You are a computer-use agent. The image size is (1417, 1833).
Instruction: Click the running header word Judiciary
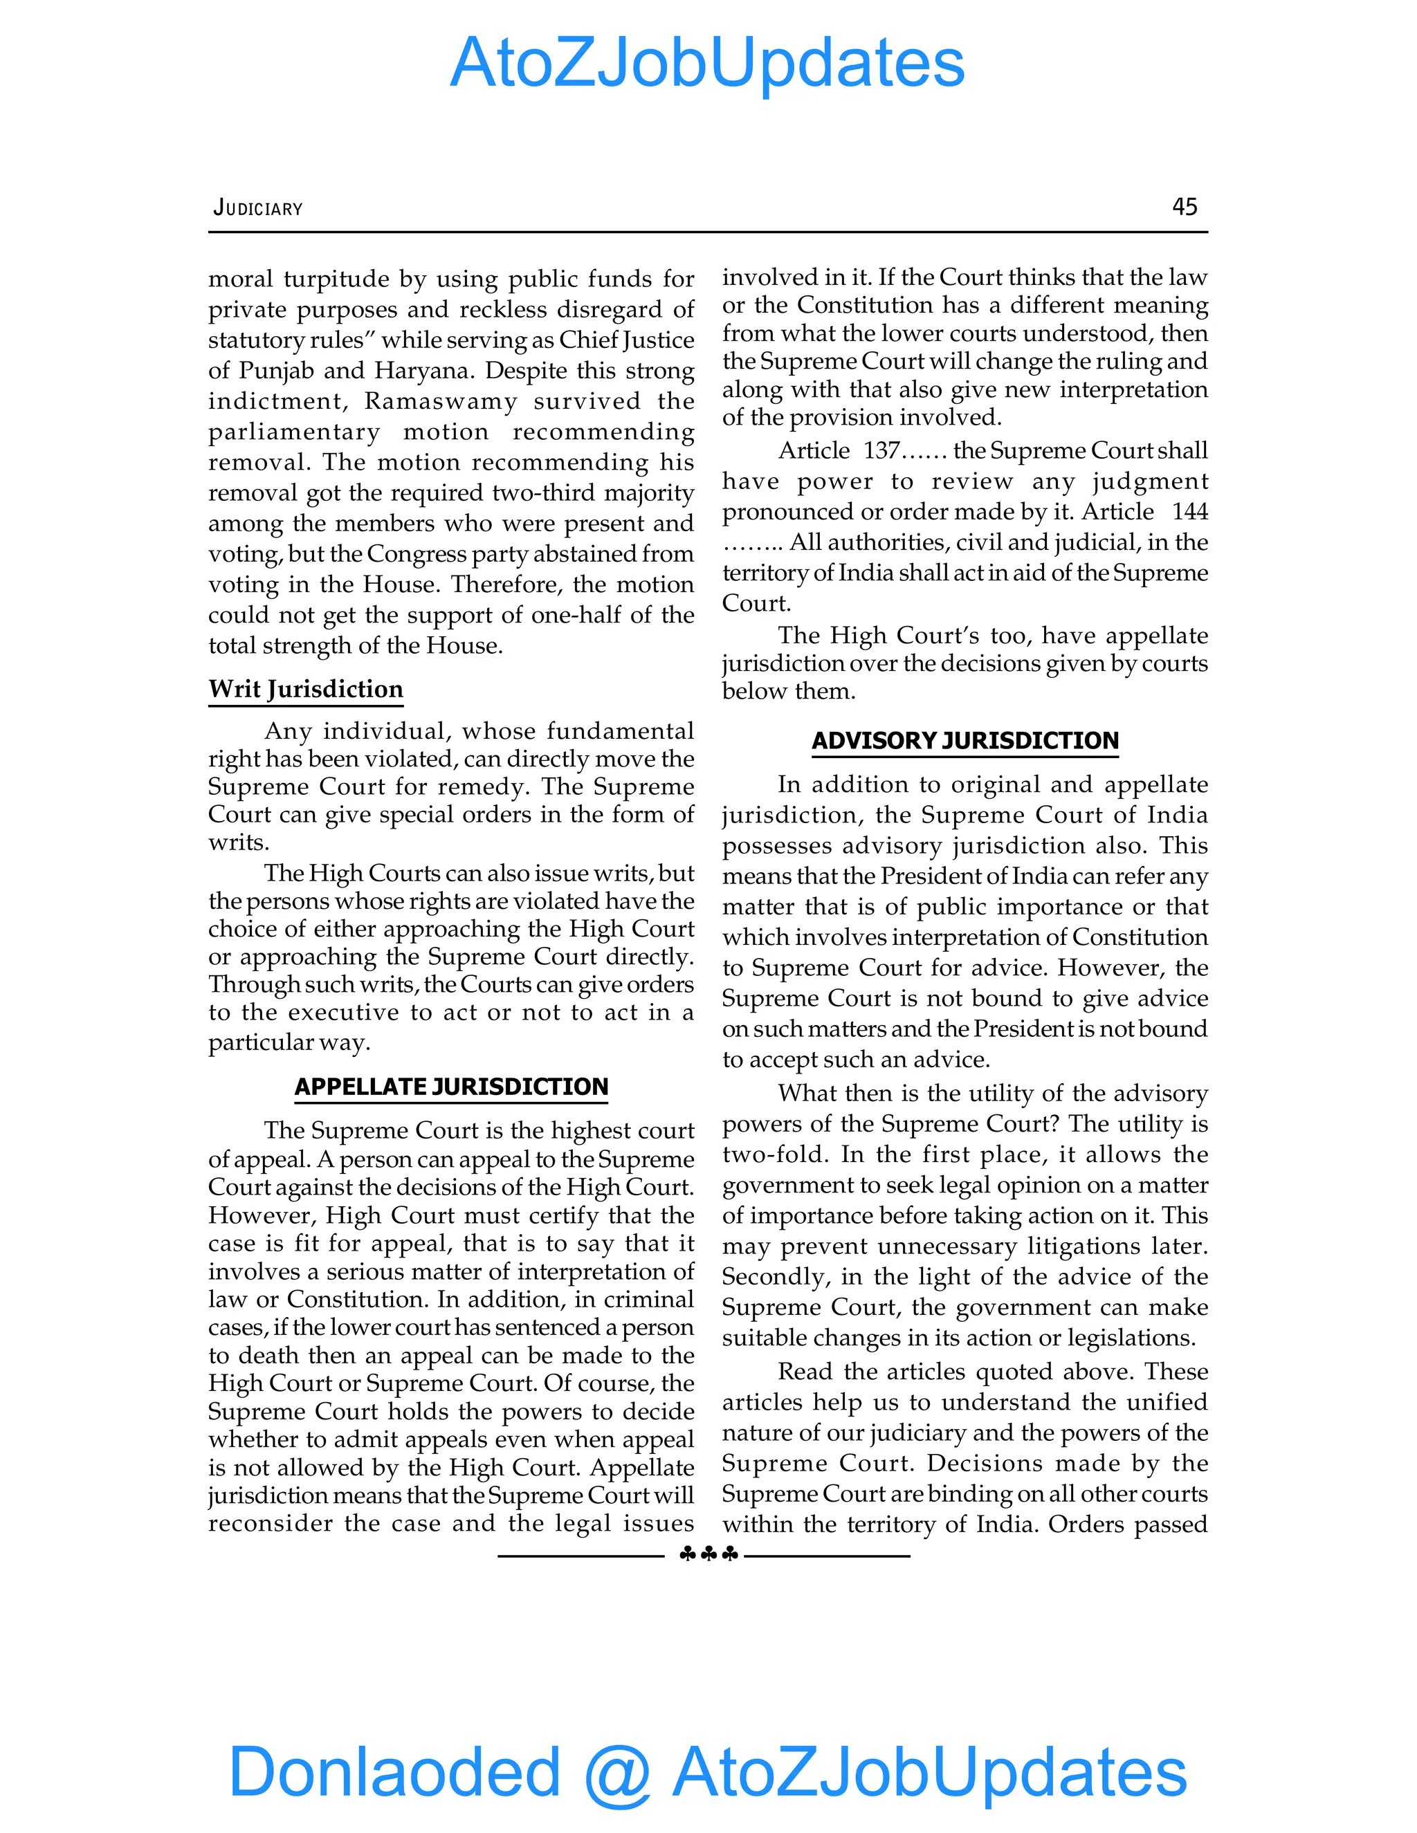point(257,208)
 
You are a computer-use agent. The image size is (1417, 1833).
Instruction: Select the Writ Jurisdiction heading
point(306,689)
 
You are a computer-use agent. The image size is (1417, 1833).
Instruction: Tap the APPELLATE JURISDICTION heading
point(451,1086)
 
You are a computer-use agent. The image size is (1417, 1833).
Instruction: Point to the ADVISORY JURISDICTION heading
point(965,740)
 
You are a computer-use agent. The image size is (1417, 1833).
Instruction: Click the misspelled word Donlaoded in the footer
point(394,1771)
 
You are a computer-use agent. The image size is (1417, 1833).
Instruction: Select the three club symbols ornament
point(708,1554)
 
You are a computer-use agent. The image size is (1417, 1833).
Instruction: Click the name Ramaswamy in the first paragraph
point(441,401)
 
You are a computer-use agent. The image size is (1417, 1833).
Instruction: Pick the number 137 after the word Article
point(881,451)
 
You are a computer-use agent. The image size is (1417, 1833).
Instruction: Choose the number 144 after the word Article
point(1189,512)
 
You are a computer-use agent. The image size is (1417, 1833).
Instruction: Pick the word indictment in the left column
point(277,401)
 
